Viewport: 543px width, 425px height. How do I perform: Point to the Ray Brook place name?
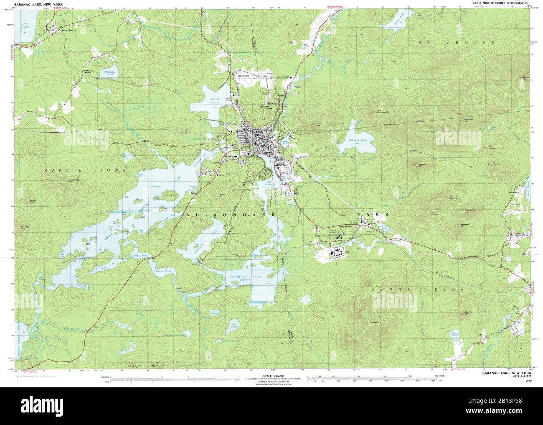pyautogui.click(x=346, y=226)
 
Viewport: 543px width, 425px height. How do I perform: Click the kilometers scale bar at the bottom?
pyautogui.click(x=175, y=378)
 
